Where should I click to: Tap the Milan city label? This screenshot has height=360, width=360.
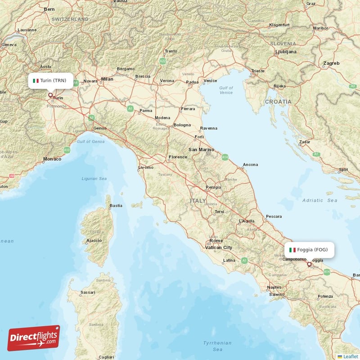click(108, 79)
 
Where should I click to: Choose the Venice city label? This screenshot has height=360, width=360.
click(211, 81)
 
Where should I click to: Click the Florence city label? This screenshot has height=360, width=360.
click(178, 157)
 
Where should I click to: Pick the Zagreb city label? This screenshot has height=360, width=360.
click(331, 63)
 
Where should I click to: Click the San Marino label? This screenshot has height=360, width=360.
click(200, 149)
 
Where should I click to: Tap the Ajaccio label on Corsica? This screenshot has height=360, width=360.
click(94, 240)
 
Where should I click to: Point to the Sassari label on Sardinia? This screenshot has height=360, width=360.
click(88, 292)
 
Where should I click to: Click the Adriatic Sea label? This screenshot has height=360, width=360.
click(319, 200)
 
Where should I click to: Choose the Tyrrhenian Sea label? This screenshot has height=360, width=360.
click(217, 346)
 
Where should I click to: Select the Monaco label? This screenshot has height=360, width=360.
click(52, 159)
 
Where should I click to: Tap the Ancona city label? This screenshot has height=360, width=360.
click(250, 165)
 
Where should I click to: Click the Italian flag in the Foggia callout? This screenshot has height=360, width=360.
click(292, 250)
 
